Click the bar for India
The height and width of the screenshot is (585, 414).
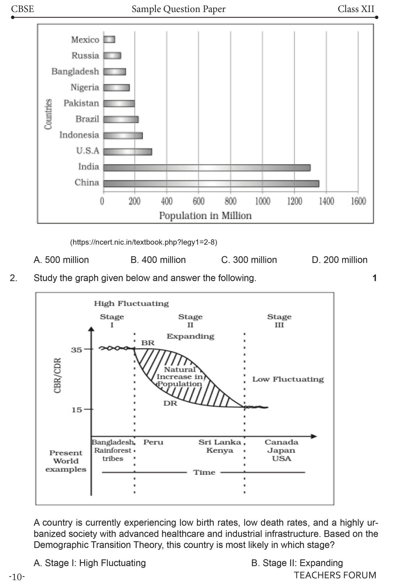tap(207, 168)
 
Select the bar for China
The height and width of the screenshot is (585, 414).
tap(211, 183)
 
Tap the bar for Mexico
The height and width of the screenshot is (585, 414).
tap(109, 40)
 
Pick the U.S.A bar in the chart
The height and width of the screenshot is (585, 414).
tap(128, 152)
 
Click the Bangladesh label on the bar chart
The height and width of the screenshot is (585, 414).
tap(75, 72)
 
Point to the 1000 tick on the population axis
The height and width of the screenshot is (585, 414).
tap(263, 201)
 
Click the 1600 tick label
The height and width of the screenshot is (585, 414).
tap(358, 201)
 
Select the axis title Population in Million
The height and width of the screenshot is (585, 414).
tap(205, 216)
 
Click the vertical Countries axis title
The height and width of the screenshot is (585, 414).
tap(48, 114)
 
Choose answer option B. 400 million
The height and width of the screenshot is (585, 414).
tap(158, 260)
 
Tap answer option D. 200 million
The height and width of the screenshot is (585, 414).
tap(340, 260)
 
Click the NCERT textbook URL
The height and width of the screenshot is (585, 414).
tap(143, 242)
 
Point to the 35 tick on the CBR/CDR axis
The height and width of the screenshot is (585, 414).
tap(77, 350)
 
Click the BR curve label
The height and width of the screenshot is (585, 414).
tap(148, 343)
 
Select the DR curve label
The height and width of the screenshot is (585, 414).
tap(170, 403)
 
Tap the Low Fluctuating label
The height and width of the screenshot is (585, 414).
tap(288, 379)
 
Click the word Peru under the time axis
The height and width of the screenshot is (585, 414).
tap(153, 442)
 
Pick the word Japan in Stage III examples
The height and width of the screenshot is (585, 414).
tap(281, 450)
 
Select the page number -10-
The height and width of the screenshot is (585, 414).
tap(17, 577)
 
